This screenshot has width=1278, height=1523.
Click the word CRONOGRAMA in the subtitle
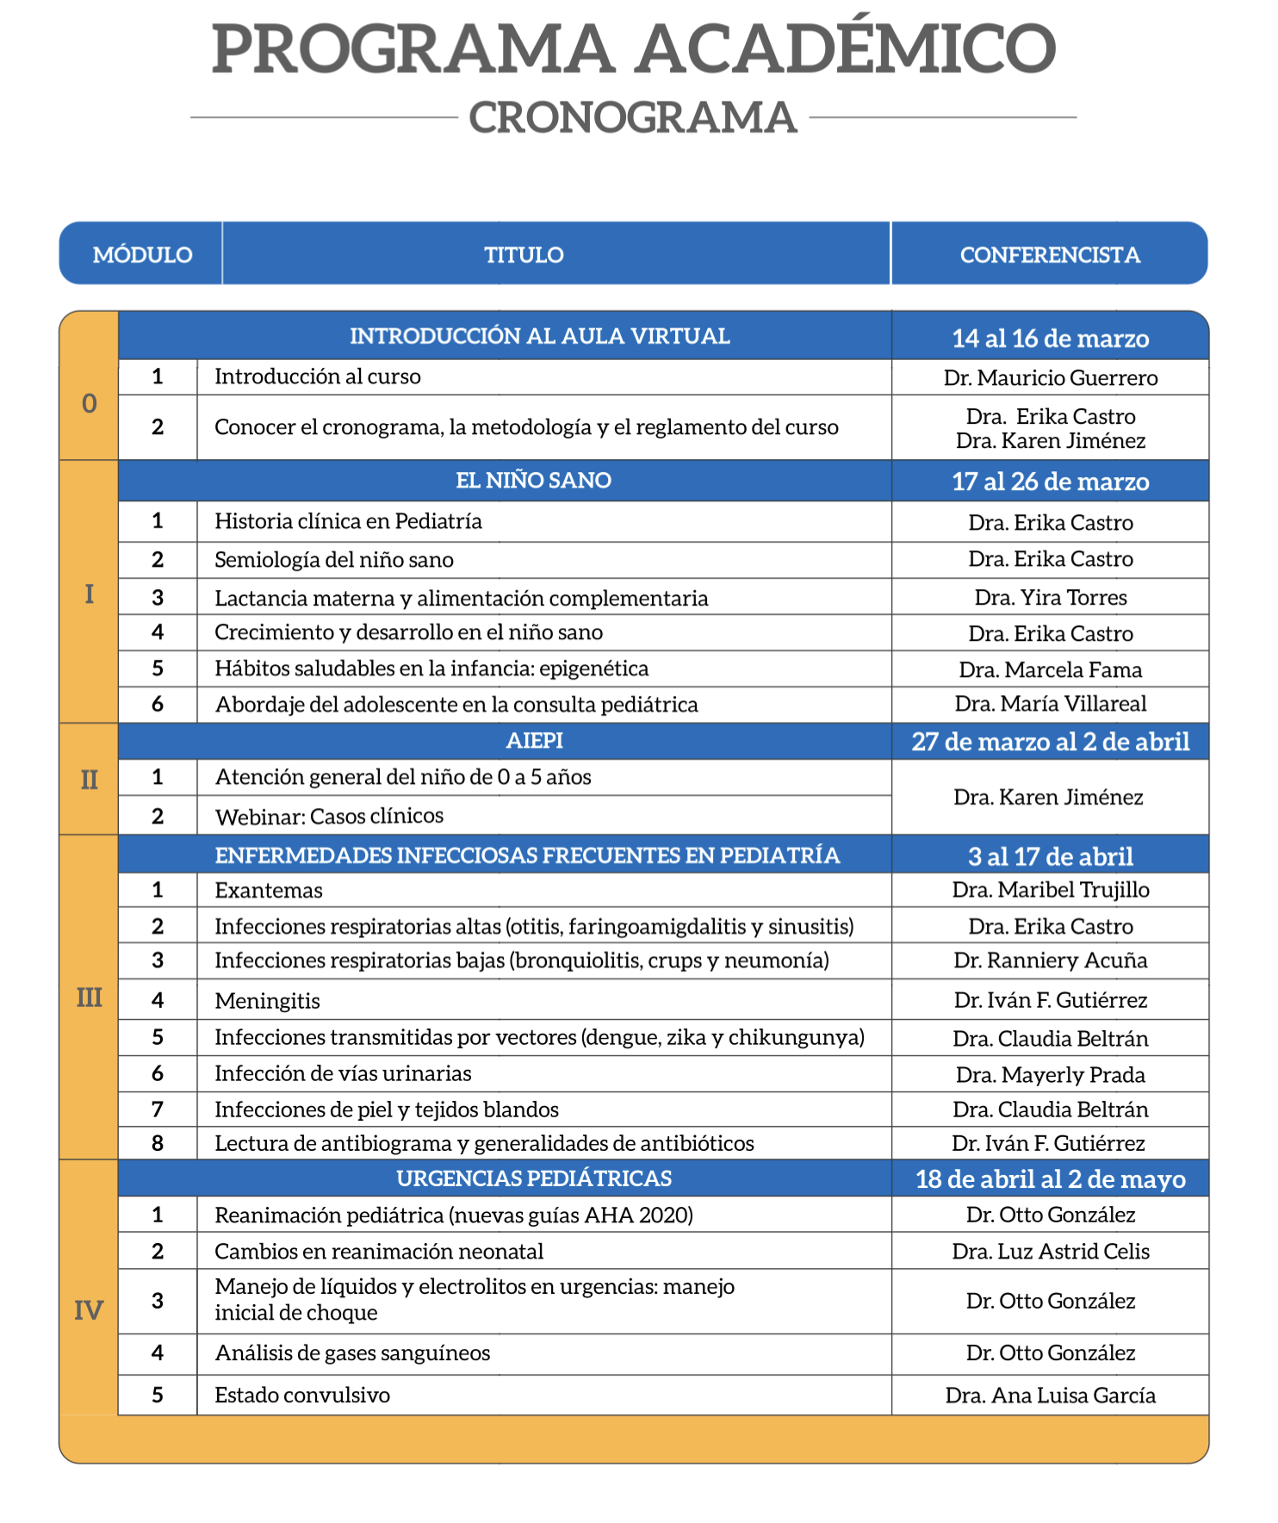click(x=633, y=118)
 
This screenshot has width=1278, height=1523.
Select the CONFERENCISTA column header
click(x=1050, y=255)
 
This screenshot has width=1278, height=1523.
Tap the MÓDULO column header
click(x=142, y=255)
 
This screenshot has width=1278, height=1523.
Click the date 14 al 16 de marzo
click(x=1050, y=339)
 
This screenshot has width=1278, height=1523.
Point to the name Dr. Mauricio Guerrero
click(x=1050, y=378)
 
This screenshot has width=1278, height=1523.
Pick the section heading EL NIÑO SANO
click(x=533, y=481)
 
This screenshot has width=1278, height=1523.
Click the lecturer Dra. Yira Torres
click(x=1050, y=598)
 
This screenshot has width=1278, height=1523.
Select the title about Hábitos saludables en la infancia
click(x=431, y=669)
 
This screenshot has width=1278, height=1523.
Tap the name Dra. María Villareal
click(x=1050, y=705)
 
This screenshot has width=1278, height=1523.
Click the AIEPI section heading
click(x=534, y=741)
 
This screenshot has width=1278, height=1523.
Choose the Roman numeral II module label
click(x=89, y=780)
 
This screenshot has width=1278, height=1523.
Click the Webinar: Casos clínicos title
click(x=329, y=816)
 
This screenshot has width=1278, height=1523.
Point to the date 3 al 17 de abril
click(x=1050, y=856)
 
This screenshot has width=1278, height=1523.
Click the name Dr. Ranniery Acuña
click(x=1050, y=960)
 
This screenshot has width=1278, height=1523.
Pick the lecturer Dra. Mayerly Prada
click(x=1050, y=1075)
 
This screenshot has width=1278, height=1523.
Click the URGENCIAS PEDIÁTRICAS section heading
click(x=534, y=1178)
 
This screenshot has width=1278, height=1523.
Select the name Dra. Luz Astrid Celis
click(x=1050, y=1252)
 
